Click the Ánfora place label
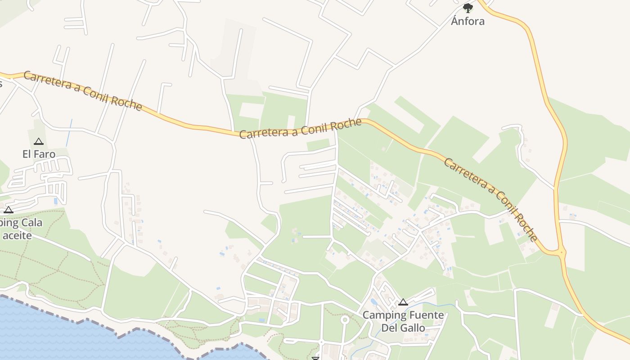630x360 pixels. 468,21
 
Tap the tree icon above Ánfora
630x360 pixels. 468,8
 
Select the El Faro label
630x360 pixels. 39,154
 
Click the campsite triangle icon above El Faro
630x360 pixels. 39,141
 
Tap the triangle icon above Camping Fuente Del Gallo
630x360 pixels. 403,302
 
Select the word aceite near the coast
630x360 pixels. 17,235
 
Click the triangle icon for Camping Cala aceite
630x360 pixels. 9,210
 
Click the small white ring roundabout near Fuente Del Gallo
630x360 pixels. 345,320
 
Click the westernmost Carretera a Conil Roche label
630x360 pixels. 83,90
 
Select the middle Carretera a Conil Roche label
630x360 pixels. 300,129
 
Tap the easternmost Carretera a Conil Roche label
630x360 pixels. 490,198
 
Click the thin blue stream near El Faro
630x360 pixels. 69,133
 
